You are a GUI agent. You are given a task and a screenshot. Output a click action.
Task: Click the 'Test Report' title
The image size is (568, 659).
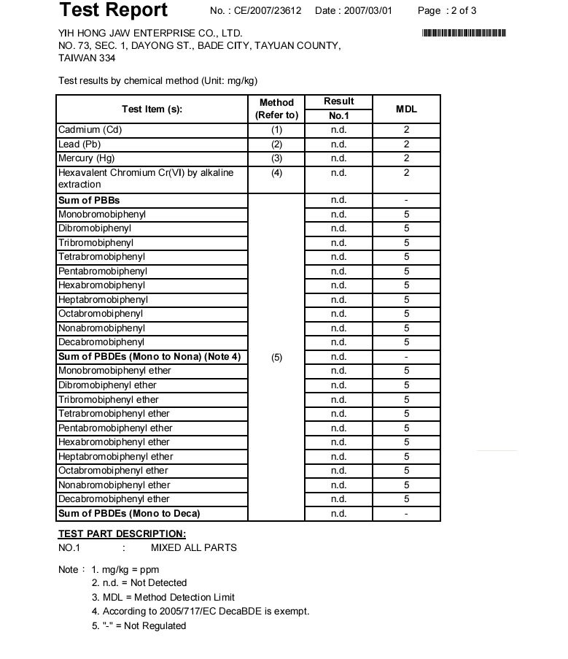pyautogui.click(x=113, y=10)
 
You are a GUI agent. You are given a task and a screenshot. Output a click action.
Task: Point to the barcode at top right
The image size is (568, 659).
pyautogui.click(x=464, y=33)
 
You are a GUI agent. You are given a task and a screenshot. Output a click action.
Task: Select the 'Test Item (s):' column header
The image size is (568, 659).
pyautogui.click(x=152, y=109)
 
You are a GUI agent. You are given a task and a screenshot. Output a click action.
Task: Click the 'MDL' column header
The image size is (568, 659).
pyautogui.click(x=406, y=109)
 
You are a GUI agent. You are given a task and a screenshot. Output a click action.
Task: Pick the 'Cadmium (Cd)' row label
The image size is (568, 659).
pyautogui.click(x=90, y=130)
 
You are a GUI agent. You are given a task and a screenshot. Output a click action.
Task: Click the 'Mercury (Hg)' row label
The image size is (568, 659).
pyautogui.click(x=87, y=158)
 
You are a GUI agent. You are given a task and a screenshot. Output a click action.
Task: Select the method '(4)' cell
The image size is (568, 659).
pyautogui.click(x=276, y=173)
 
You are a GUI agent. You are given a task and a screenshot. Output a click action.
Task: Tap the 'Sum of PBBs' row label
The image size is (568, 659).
pyautogui.click(x=89, y=200)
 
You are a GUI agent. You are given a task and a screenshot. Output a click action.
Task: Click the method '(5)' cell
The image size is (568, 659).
pyautogui.click(x=276, y=357)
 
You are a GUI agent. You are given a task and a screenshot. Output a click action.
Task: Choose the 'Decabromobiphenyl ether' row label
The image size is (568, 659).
pyautogui.click(x=114, y=499)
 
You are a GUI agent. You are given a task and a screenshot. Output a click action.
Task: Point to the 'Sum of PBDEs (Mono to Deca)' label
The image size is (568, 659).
pyautogui.click(x=129, y=514)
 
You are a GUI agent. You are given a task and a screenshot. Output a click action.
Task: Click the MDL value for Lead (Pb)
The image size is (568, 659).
pyautogui.click(x=406, y=144)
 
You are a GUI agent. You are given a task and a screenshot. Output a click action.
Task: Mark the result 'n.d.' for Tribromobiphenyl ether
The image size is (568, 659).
pyautogui.click(x=338, y=399)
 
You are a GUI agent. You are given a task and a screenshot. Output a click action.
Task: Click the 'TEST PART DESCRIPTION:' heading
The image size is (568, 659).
pyautogui.click(x=122, y=533)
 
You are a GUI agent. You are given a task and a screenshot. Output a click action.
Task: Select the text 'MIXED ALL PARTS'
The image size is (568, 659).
pyautogui.click(x=193, y=548)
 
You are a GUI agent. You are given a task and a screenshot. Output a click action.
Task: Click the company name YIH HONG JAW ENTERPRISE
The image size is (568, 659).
pyautogui.click(x=150, y=33)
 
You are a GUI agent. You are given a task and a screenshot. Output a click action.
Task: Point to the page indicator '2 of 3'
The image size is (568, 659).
pyautogui.click(x=460, y=11)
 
